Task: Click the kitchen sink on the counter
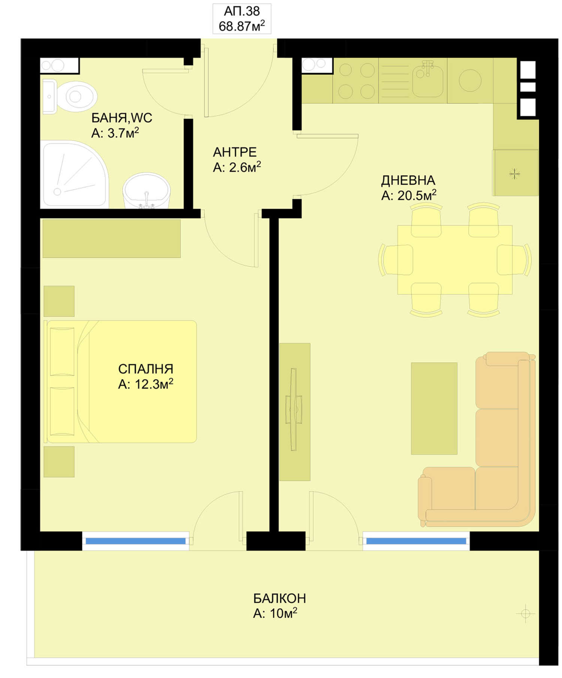(427, 79)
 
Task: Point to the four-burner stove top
(356, 81)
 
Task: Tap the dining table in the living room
(454, 260)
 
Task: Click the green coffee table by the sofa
(434, 408)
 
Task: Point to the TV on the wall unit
(294, 409)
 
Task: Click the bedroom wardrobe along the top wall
(112, 239)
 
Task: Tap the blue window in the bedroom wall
(136, 541)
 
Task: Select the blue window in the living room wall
(416, 541)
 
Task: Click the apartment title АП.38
(242, 11)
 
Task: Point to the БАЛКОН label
(280, 598)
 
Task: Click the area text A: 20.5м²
(409, 195)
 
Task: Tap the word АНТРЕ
(235, 152)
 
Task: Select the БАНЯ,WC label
(122, 118)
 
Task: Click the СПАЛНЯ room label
(146, 369)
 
